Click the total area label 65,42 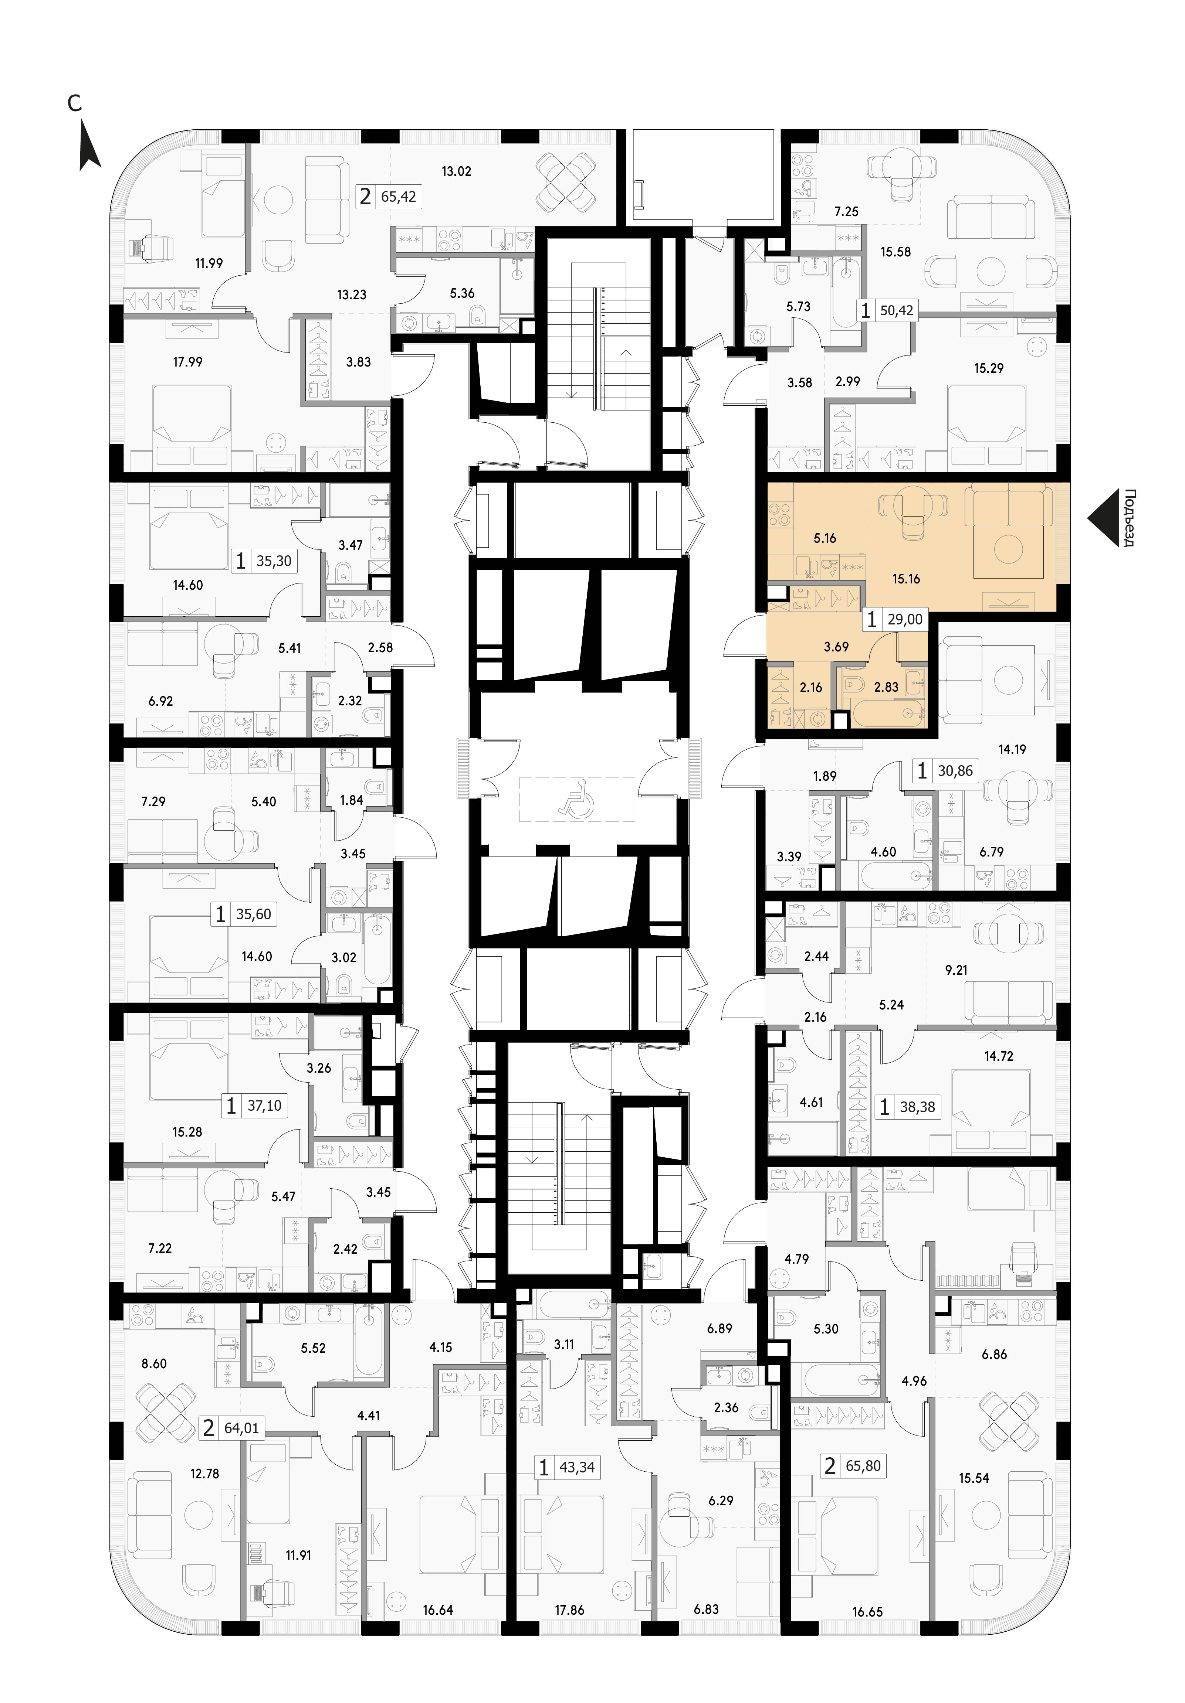[399, 197]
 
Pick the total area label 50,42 [896, 310]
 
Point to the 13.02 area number [456, 171]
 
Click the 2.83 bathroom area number [886, 687]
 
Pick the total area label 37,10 [264, 1105]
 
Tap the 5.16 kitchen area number [825, 538]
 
